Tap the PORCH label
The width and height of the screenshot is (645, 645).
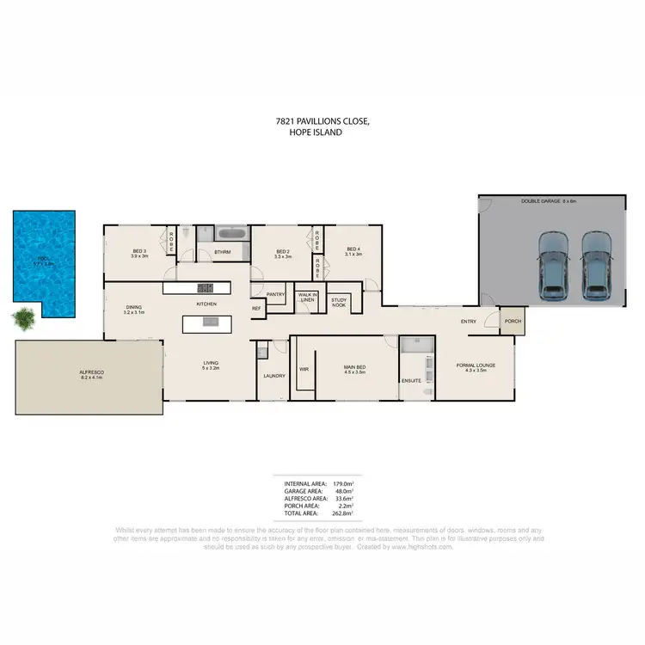pos(513,322)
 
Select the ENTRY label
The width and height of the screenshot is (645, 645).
pos(469,322)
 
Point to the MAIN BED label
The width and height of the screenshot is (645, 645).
pos(354,370)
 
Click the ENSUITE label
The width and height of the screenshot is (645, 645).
pos(411,379)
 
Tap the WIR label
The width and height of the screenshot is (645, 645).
pos(304,369)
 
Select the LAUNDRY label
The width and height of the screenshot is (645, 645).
pos(274,376)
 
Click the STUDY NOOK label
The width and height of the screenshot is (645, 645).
pos(338,302)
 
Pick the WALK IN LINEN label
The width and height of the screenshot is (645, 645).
pos(308,298)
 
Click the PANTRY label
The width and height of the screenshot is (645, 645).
pos(275,294)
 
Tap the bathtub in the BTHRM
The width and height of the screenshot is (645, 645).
pos(232,233)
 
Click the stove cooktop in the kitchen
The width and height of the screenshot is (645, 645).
pos(205,288)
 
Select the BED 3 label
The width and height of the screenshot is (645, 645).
pos(138,253)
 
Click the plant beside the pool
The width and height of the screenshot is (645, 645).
pos(23,320)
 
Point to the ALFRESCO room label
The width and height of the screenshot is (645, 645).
pos(91,374)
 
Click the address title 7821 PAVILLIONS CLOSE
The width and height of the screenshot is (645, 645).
pos(322,123)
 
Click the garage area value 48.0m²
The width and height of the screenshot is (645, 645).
pos(345,492)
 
